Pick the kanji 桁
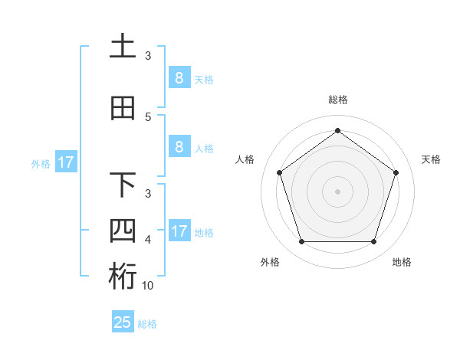(x=123, y=277)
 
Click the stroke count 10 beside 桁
(x=148, y=286)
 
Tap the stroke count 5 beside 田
(x=148, y=117)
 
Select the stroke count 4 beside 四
(x=148, y=240)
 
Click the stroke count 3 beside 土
(x=148, y=56)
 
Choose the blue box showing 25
(x=123, y=322)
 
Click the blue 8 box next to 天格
(x=179, y=78)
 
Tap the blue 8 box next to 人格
(x=179, y=147)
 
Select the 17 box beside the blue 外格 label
(x=65, y=162)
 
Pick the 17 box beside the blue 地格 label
(x=179, y=231)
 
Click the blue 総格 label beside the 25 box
(x=147, y=324)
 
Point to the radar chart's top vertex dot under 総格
(x=337, y=130)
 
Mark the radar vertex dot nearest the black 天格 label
(x=396, y=172)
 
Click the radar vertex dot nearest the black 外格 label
(x=301, y=242)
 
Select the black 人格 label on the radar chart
(x=245, y=159)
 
